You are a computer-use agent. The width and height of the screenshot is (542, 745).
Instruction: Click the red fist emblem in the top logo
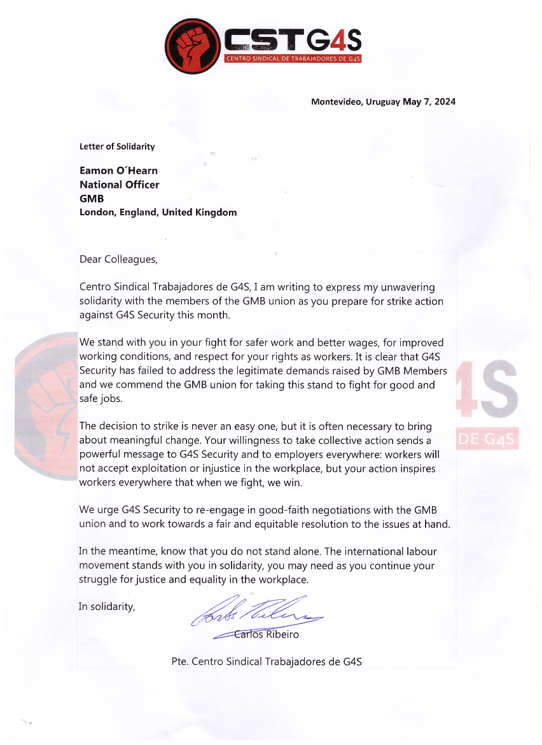pos(191,45)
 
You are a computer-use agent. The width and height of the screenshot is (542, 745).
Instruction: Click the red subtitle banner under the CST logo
pos(293,59)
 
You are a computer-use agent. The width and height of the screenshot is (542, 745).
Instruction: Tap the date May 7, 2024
pos(429,102)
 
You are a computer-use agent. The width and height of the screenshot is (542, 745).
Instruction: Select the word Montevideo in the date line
pos(335,102)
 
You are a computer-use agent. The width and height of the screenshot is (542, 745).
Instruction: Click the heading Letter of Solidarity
pos(117,146)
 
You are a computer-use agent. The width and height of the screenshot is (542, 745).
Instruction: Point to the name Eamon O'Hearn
pos(118,171)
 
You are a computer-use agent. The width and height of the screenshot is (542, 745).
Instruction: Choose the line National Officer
pos(120,185)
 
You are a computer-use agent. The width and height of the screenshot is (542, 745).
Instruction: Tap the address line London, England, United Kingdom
pos(158,213)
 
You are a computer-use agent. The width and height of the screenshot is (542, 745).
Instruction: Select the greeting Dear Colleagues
pos(118,260)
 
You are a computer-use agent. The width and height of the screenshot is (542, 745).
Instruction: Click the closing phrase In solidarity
pos(107,607)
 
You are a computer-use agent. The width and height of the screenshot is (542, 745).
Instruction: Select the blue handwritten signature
pos(258,613)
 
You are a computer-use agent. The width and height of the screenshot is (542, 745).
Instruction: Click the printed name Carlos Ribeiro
pos(267,635)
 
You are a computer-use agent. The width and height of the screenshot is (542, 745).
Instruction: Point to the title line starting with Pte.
pos(267,662)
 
